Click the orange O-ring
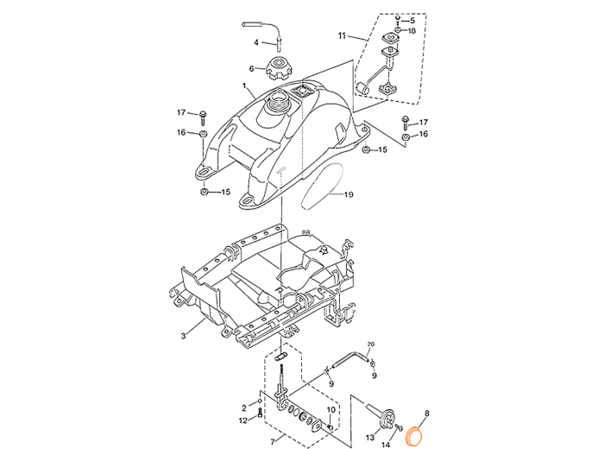[413, 438]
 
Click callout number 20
[349, 195]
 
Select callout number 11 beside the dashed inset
[341, 36]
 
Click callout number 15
[227, 192]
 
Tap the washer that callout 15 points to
[205, 192]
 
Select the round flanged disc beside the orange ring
[385, 420]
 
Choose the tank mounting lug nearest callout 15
[205, 175]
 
